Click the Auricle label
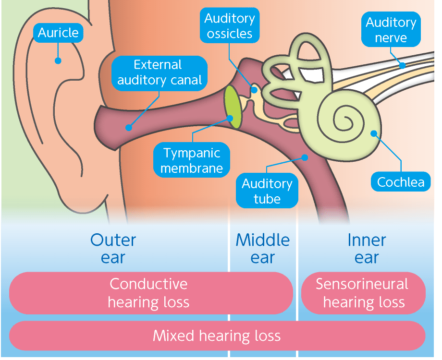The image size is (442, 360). pyautogui.click(x=58, y=33)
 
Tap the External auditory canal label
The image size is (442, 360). pyautogui.click(x=160, y=72)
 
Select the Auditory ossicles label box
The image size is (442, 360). pyautogui.click(x=229, y=26)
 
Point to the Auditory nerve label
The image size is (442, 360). pyautogui.click(x=391, y=30)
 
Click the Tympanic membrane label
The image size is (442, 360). pyautogui.click(x=191, y=160)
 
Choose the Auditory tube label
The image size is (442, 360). pyautogui.click(x=267, y=191)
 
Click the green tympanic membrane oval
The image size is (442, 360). pyautogui.click(x=233, y=107)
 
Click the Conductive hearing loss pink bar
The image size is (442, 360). pyautogui.click(x=151, y=292)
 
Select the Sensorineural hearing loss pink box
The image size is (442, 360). pyautogui.click(x=363, y=292)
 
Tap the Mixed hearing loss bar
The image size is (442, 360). pyautogui.click(x=217, y=335)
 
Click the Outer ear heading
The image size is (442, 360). pyautogui.click(x=113, y=249)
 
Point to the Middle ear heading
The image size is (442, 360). pyautogui.click(x=263, y=249)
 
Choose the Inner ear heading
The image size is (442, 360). pyautogui.click(x=367, y=249)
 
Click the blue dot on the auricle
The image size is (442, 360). pyautogui.click(x=58, y=60)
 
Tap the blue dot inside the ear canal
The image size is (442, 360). pyautogui.click(x=128, y=128)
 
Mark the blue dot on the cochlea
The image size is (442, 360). pyautogui.click(x=373, y=133)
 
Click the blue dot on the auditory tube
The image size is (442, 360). pyautogui.click(x=304, y=156)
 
